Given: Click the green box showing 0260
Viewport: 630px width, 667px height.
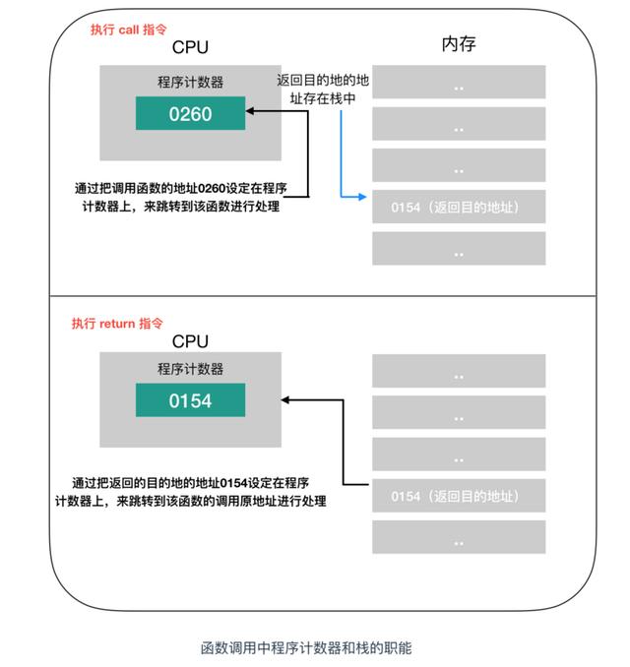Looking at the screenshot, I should tap(190, 113).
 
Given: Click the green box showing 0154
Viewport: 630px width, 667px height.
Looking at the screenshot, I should tap(190, 401).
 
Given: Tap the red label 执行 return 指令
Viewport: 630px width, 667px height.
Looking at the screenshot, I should tap(117, 323).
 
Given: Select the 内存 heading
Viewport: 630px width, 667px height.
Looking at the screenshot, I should tap(459, 45).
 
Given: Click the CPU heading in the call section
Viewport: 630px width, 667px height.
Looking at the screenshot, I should tap(190, 47).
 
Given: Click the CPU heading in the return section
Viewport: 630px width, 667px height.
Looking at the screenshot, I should tap(190, 341).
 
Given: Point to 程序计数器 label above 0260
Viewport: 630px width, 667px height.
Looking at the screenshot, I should tap(190, 81).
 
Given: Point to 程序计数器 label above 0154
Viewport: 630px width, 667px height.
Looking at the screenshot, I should tap(190, 369).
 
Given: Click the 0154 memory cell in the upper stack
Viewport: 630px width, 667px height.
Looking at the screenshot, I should tap(459, 208).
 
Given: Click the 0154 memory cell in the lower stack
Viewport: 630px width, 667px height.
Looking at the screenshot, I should tap(459, 496).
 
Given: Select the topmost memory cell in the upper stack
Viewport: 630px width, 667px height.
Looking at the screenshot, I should tap(459, 83).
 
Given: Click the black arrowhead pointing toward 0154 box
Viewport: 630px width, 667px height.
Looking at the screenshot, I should tap(284, 400).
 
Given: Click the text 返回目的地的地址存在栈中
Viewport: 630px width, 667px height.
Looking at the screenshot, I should tap(324, 90).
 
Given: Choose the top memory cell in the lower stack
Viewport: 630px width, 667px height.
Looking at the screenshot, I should tap(459, 372).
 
